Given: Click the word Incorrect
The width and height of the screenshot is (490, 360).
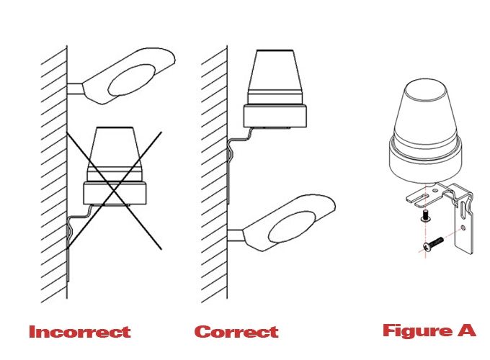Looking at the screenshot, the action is pyautogui.click(x=80, y=332).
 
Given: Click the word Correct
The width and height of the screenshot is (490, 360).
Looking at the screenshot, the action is pyautogui.click(x=236, y=332).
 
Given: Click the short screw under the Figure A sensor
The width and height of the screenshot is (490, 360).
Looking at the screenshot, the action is pyautogui.click(x=425, y=215).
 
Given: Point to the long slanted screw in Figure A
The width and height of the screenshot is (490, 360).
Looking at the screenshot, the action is pyautogui.click(x=433, y=243).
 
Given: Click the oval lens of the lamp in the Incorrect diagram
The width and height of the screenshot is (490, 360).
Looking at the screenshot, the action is pyautogui.click(x=132, y=80).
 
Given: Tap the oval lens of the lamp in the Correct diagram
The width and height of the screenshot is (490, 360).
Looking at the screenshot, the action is pyautogui.click(x=292, y=227).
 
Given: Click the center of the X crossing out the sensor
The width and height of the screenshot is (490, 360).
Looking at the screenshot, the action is pyautogui.click(x=114, y=190).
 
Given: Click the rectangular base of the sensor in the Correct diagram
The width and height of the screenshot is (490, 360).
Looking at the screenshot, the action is pyautogui.click(x=275, y=116).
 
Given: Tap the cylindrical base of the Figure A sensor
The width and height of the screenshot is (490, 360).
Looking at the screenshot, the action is pyautogui.click(x=425, y=162).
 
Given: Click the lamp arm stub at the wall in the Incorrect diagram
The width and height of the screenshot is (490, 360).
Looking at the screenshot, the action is pyautogui.click(x=76, y=89).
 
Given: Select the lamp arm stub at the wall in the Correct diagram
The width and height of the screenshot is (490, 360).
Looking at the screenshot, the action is pyautogui.click(x=236, y=235).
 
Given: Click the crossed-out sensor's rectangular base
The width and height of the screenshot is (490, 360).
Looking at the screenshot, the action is pyautogui.click(x=115, y=193).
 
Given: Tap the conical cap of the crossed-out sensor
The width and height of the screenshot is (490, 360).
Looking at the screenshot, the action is pyautogui.click(x=115, y=153).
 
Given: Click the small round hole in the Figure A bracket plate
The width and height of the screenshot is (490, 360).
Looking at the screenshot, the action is pyautogui.click(x=463, y=228).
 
